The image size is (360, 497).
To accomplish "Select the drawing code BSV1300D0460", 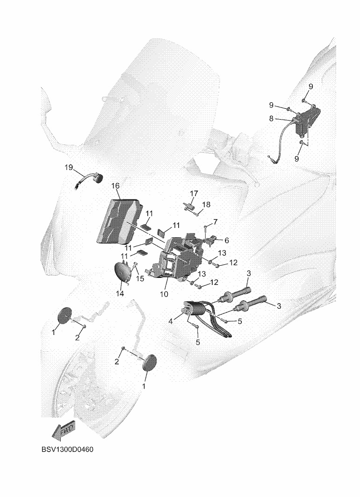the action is [x=67, y=449].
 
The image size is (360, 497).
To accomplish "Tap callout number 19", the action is [x=69, y=167].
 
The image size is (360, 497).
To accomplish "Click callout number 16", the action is [x=115, y=185].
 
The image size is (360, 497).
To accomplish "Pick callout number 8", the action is [x=271, y=119].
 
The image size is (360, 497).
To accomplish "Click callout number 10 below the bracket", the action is [x=164, y=294].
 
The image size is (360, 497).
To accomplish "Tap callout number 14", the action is [x=120, y=293].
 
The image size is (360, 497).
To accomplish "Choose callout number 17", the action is [x=194, y=193].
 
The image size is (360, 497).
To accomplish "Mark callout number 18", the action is [x=206, y=205].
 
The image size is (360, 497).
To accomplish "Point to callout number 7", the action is [x=216, y=221].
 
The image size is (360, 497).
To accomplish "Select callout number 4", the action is [x=171, y=321].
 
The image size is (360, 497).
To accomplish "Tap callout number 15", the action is [x=140, y=278].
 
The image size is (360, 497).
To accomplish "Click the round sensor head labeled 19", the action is [x=97, y=178].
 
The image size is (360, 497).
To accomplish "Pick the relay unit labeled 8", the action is [x=306, y=120].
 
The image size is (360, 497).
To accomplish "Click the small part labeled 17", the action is [x=188, y=206].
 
